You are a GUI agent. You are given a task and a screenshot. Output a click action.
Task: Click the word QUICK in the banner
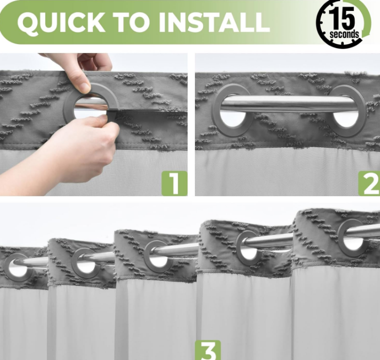pos(61,22)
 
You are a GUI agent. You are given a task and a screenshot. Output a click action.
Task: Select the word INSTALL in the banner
pos(214,22)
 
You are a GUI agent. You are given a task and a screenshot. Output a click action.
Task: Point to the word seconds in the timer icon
pos(344,34)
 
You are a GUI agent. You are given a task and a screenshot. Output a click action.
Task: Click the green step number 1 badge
pos(175,183)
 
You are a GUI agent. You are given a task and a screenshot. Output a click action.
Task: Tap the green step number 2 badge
pos(369,183)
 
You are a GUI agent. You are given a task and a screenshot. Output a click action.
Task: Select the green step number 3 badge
pos(208,350)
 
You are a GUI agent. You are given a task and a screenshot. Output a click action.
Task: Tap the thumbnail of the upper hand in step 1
pos(84,87)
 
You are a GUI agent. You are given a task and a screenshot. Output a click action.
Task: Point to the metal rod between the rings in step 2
pos(289,104)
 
